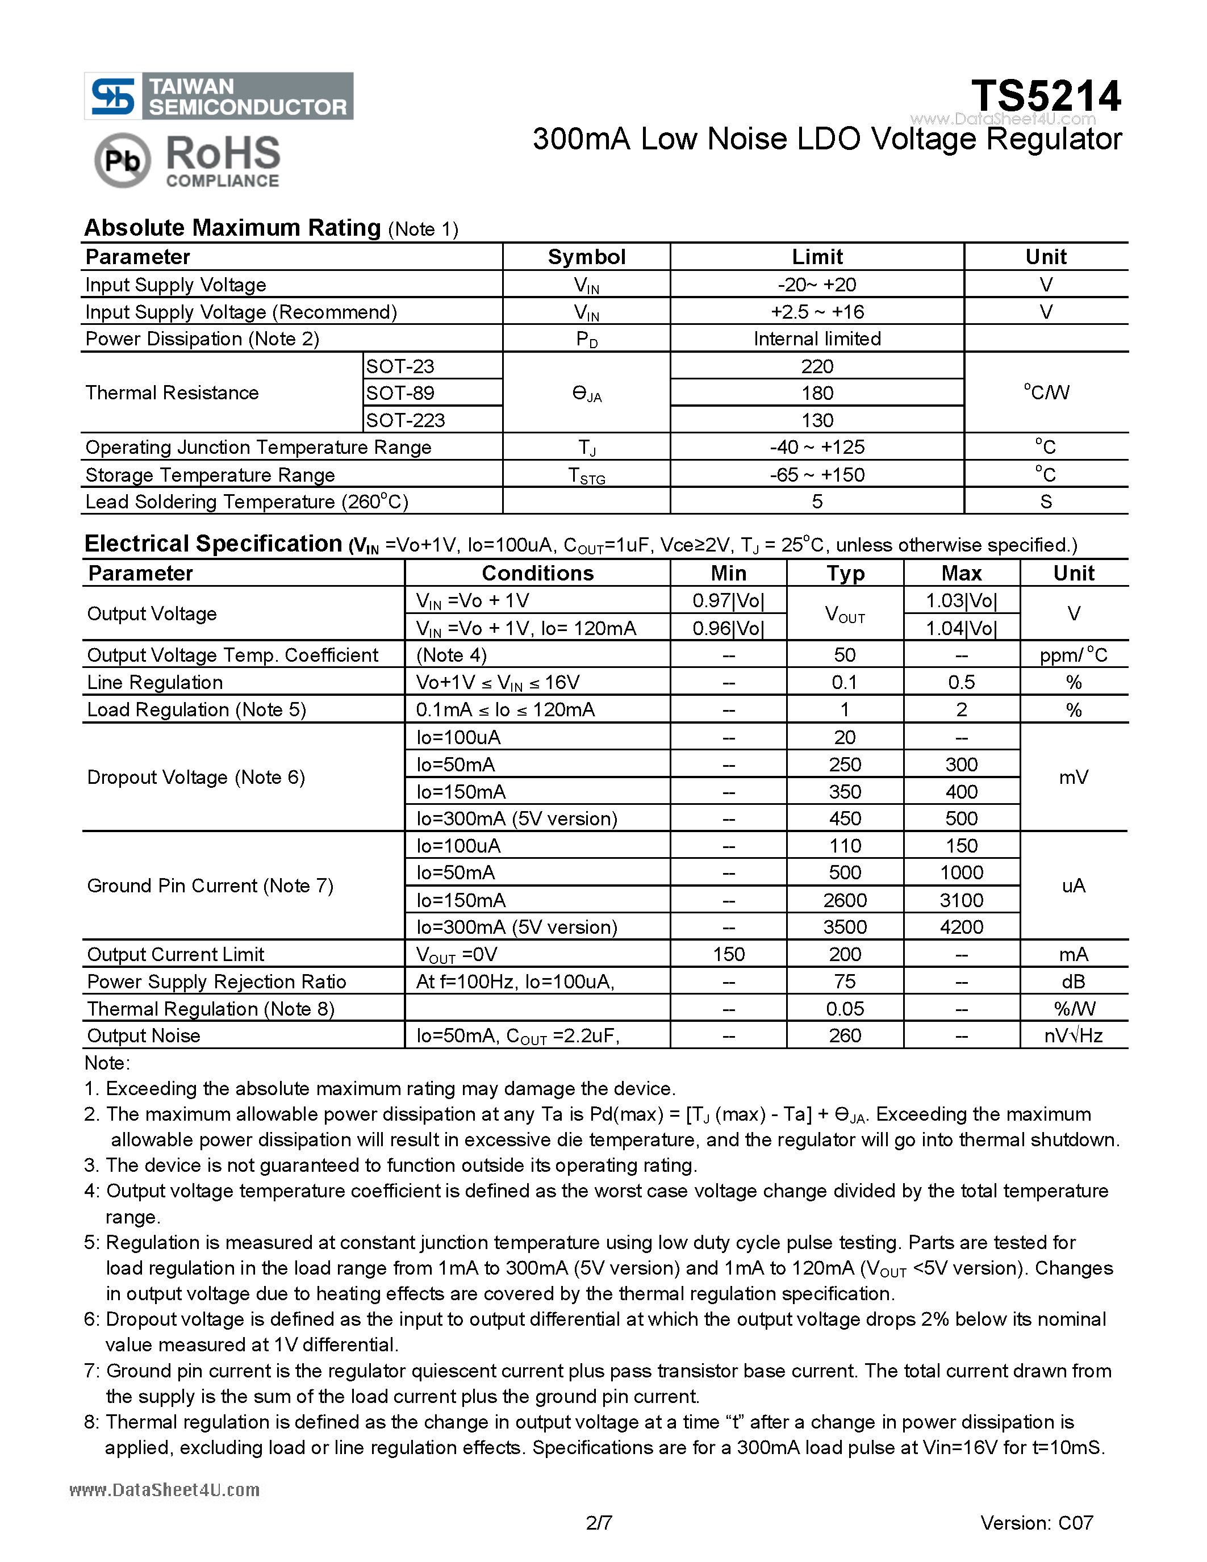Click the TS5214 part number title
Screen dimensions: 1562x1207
coord(1045,96)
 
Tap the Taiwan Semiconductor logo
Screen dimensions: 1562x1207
coord(219,96)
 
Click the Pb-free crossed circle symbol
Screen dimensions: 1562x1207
coord(122,160)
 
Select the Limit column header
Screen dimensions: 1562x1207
coord(817,257)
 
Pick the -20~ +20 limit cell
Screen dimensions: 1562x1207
coord(817,285)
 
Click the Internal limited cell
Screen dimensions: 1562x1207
coord(817,339)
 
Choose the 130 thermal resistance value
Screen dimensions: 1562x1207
coord(817,420)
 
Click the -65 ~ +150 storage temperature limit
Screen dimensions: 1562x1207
coord(817,475)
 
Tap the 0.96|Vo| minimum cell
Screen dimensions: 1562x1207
coord(728,628)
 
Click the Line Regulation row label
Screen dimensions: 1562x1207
coord(154,682)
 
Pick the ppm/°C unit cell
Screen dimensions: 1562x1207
coord(1074,655)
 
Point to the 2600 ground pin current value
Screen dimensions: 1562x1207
coord(845,900)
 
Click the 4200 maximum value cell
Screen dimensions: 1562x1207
coord(961,927)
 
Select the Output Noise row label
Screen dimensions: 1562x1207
coord(144,1035)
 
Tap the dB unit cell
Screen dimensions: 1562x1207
coord(1074,982)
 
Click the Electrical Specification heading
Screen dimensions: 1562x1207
coord(213,544)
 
